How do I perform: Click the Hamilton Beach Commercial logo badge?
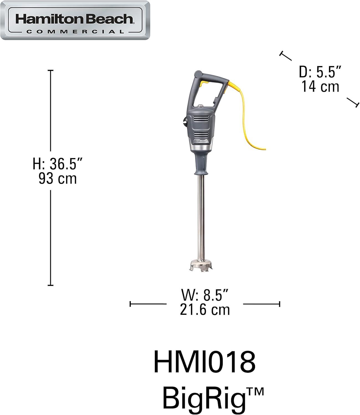point(75,20)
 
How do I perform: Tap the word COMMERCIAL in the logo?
point(75,32)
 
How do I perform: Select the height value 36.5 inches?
point(58,164)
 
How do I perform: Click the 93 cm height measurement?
point(58,178)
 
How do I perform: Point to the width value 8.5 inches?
point(205,295)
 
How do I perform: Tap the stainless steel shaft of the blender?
point(201,219)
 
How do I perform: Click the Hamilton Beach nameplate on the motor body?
point(201,141)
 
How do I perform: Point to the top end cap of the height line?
point(50,71)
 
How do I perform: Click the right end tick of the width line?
point(279,304)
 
